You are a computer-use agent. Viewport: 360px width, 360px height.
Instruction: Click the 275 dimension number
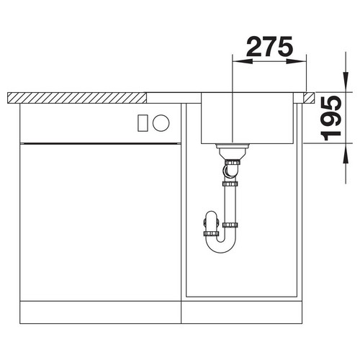pyautogui.click(x=269, y=47)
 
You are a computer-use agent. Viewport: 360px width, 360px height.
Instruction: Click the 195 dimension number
pyautogui.click(x=332, y=118)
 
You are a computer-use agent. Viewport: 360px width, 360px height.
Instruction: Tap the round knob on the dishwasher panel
pyautogui.click(x=161, y=122)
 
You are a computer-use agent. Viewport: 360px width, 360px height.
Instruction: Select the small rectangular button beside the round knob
pyautogui.click(x=143, y=123)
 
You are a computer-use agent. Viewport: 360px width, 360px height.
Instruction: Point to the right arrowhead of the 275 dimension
pyautogui.click(x=297, y=61)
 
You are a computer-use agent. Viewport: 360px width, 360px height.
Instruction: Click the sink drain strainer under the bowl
pyautogui.click(x=233, y=150)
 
